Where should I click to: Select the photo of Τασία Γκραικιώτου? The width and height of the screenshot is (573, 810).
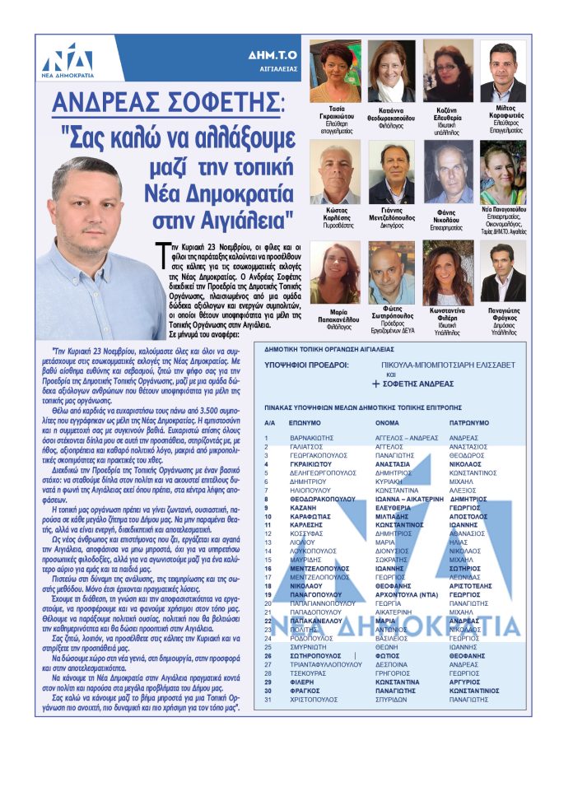334,71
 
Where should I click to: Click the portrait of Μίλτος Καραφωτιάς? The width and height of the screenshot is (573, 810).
503,71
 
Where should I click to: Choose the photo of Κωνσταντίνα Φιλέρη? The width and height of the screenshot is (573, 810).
448,273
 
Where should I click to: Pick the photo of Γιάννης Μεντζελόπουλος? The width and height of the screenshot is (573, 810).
392,171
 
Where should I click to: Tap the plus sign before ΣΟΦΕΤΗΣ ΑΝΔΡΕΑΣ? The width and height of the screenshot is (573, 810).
375,384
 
